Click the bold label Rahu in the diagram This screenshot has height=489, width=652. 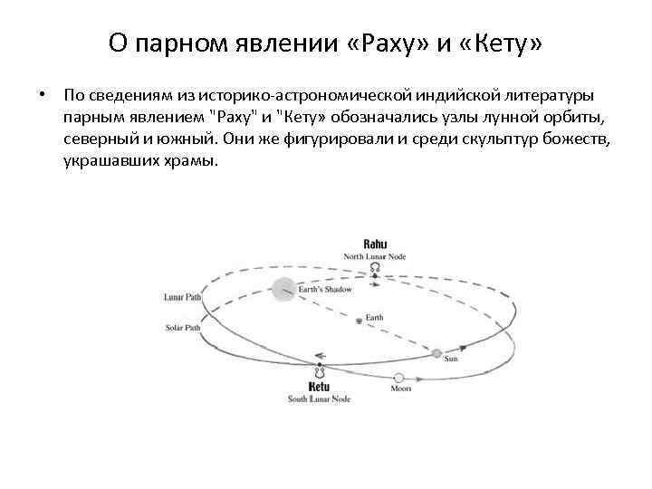(374, 244)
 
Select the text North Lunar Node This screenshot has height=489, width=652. (374, 256)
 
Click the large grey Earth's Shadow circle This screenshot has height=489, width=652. (283, 289)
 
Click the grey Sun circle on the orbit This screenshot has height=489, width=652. (436, 352)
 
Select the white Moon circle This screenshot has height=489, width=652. (399, 378)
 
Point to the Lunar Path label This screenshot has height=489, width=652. (182, 296)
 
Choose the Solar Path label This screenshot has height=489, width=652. (182, 326)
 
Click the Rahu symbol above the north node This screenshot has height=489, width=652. (374, 269)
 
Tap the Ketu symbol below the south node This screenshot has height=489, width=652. (319, 372)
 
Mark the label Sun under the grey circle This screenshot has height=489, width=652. (450, 360)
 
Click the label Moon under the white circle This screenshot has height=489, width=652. (399, 389)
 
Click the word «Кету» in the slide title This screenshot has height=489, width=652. (501, 42)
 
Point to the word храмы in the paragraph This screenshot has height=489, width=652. (191, 161)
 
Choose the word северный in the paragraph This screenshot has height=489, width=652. (100, 139)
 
